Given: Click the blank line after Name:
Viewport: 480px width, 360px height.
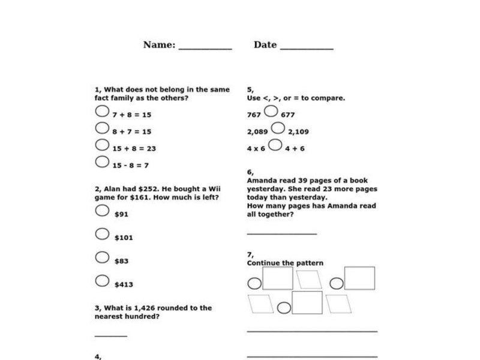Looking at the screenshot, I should click(205, 48).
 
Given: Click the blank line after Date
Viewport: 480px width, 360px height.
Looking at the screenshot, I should click(307, 48).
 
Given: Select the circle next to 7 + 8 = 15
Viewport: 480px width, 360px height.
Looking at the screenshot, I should click(102, 111).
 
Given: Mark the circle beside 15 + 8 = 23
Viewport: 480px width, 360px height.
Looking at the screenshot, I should click(102, 145).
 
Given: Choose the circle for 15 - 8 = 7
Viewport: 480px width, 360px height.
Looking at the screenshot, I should click(102, 162).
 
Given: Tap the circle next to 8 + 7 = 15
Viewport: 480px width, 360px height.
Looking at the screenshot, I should click(102, 128).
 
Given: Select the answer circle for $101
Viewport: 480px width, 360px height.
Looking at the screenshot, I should click(102, 234).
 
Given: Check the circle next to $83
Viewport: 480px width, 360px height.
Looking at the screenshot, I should click(102, 257).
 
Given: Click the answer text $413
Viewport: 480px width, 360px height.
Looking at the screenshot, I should click(124, 284).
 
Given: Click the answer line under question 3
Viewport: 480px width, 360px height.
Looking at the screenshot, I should click(111, 336).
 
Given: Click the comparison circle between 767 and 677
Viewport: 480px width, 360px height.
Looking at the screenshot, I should click(271, 111).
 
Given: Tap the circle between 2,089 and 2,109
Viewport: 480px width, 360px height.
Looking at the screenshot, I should click(277, 128).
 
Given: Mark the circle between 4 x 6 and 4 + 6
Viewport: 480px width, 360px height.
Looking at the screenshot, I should click(275, 145).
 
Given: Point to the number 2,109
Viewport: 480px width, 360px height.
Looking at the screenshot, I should click(299, 131).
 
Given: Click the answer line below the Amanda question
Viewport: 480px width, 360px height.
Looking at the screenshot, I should click(281, 233).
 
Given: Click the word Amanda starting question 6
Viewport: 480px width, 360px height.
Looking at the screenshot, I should click(261, 181).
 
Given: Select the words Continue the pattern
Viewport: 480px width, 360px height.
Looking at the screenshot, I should click(285, 263).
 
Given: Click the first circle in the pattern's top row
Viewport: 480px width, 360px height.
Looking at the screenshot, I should click(254, 283).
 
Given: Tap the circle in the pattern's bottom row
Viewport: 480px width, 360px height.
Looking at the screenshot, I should click(284, 307).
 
